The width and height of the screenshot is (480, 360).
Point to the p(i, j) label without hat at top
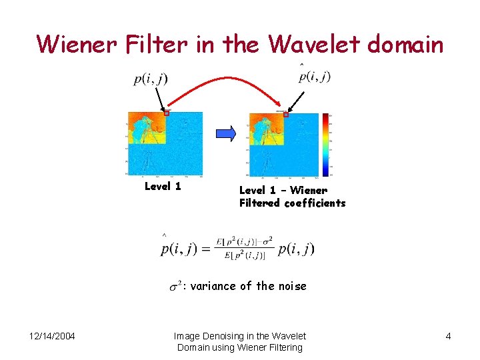tap(150, 79)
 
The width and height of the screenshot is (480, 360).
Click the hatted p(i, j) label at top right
tap(315, 75)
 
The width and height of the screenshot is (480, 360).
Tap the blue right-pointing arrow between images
tap(227, 133)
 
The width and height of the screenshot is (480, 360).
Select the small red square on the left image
tap(167, 113)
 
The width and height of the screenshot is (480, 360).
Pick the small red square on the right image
tap(285, 114)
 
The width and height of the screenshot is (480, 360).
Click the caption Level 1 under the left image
tap(163, 187)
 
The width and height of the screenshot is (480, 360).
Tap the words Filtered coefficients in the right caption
tap(292, 203)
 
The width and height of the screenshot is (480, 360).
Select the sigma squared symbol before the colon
tap(175, 286)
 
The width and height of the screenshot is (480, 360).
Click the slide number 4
tap(448, 336)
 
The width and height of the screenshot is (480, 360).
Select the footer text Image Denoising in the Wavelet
tap(239, 336)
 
